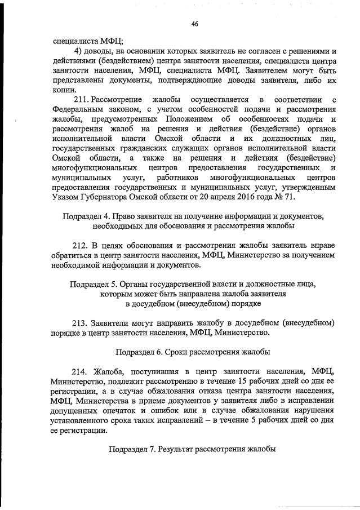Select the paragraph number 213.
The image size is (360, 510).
82,322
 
